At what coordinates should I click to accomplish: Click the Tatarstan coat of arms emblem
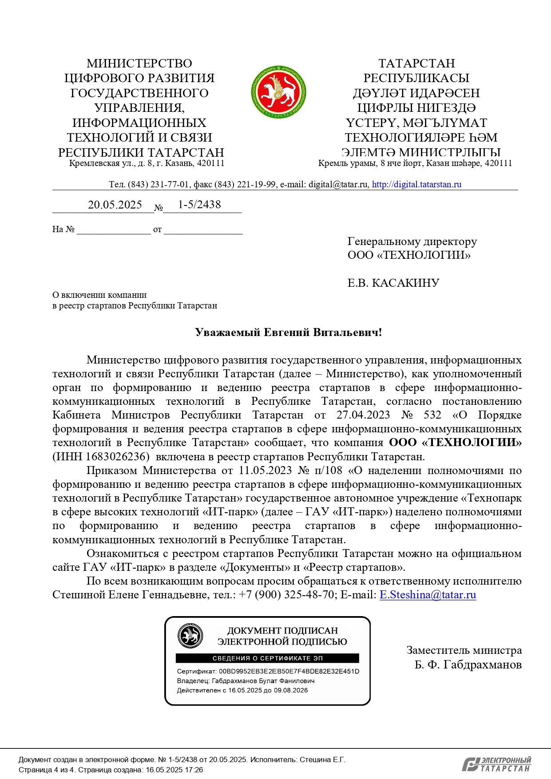[278, 92]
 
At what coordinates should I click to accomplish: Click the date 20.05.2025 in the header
[115, 205]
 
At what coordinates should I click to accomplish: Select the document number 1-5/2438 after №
[199, 204]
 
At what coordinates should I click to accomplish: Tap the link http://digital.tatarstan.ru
[416, 184]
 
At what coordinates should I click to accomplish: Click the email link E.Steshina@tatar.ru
[428, 595]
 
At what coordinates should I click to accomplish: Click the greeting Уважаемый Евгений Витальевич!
[288, 332]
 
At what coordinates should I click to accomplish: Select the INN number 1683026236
[115, 456]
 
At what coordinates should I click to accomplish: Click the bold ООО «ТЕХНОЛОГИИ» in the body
[455, 443]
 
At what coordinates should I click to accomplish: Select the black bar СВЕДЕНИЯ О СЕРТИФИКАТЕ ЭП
[267, 658]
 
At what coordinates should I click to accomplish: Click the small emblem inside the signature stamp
[190, 636]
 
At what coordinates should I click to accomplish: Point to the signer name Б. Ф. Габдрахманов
[468, 664]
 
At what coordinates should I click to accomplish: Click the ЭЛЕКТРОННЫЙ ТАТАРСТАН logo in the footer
[496, 764]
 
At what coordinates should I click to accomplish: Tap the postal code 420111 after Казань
[210, 163]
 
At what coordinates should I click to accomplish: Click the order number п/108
[328, 470]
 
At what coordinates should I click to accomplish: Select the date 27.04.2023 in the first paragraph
[363, 415]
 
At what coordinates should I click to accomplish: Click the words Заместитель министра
[464, 650]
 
